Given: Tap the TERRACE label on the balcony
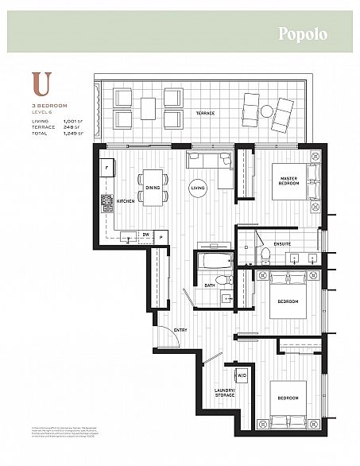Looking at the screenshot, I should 205,113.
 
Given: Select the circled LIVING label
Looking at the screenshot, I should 196,188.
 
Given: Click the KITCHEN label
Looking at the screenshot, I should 126,201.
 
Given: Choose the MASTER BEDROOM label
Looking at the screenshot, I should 288,181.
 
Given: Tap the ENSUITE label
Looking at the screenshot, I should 283,243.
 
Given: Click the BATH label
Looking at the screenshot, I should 209,285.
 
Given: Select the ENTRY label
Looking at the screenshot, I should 180,329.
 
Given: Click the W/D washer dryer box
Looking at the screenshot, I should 240,375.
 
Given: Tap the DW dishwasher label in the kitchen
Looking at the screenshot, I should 145,235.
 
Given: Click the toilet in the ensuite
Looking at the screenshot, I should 266,254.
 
